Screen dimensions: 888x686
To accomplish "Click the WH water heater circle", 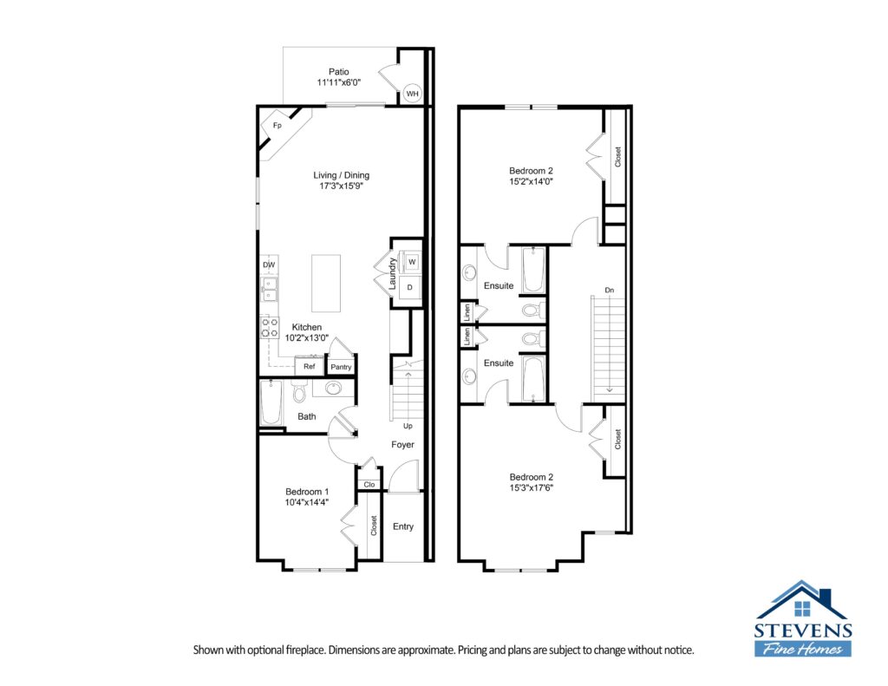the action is coord(412,94).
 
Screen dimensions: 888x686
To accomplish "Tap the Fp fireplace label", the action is coord(277,125).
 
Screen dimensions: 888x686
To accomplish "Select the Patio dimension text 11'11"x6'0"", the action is coord(339,82).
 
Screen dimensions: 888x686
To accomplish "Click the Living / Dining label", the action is coord(341,175).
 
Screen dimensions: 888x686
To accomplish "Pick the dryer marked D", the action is coord(410,288).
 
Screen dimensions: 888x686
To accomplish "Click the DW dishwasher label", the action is coord(269,265).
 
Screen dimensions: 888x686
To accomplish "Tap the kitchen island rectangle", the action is coord(326,284).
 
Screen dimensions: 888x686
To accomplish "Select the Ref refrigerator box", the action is coord(310,367).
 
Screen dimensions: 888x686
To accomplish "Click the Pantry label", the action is coord(341,367).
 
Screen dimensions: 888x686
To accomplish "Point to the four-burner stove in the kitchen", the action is coord(270,328).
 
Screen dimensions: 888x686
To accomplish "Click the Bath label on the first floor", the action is coord(307,416).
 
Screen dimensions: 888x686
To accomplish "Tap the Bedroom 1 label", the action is coord(307,492).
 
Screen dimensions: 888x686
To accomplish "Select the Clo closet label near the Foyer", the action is coord(369,484).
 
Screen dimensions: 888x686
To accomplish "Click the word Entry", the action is coord(403,526).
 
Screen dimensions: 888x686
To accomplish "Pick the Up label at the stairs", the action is coord(408,426).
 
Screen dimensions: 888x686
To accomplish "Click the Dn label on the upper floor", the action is coord(610,290).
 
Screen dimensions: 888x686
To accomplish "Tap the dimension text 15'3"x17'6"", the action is coord(532,487).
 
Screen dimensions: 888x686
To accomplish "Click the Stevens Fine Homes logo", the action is coord(802,618).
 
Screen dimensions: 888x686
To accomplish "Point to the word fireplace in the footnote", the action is coord(306,650).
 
